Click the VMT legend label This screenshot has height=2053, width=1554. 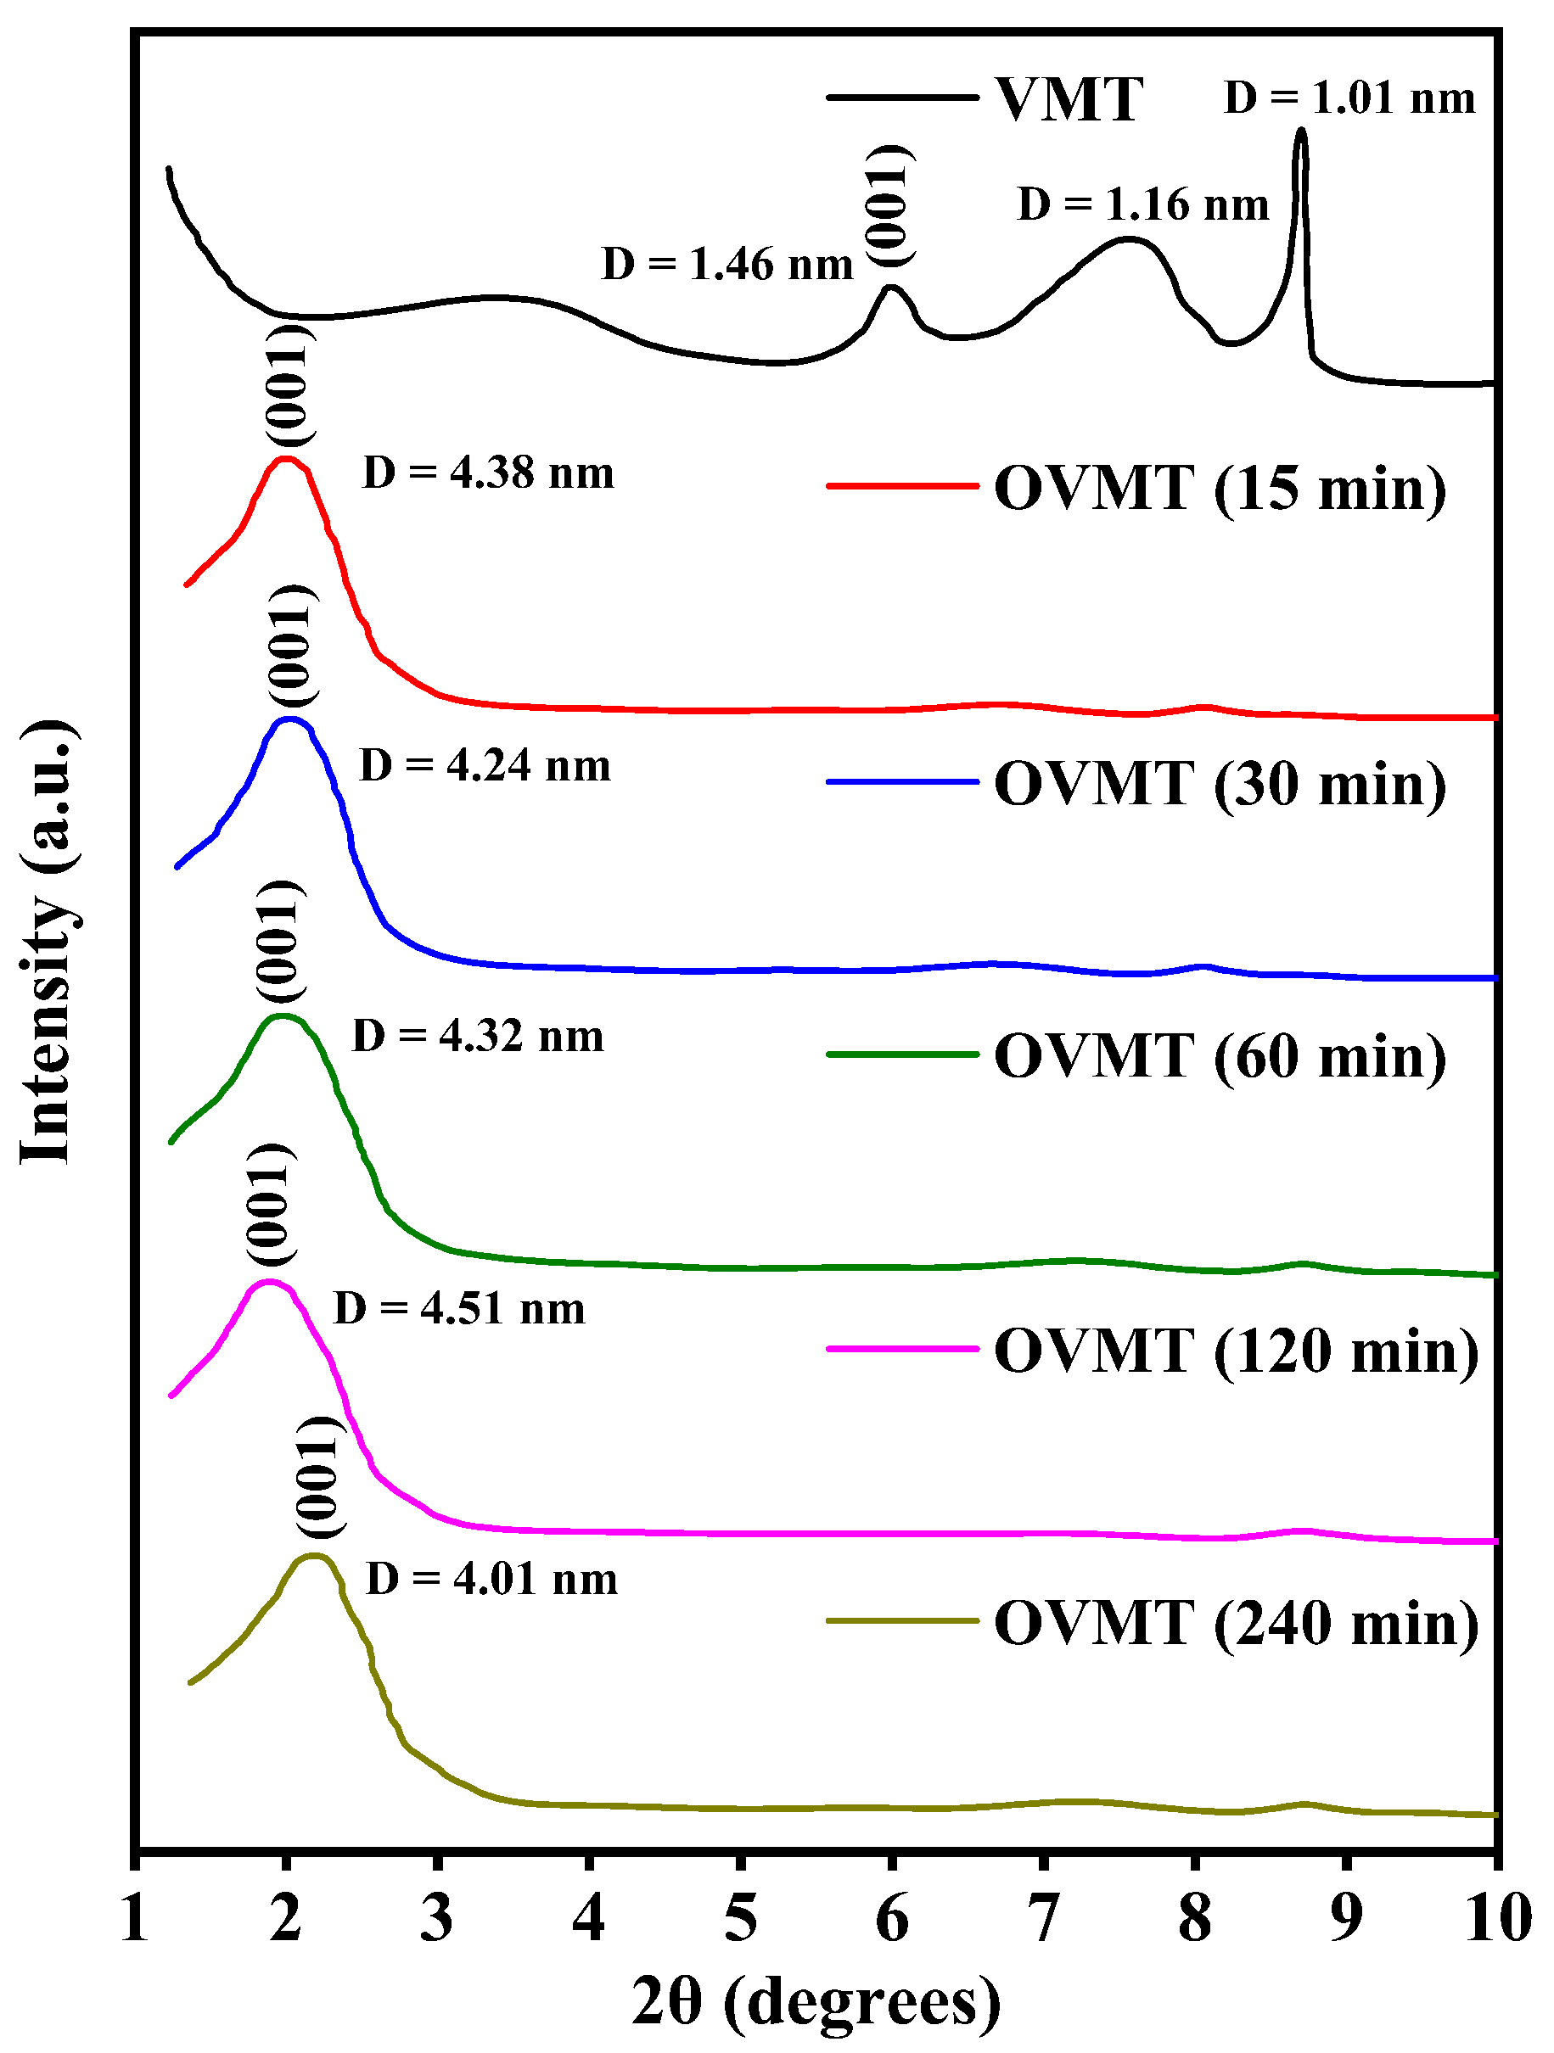[x=1068, y=99]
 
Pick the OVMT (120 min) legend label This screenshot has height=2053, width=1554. [x=1236, y=1350]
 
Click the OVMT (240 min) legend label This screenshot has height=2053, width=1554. [x=1236, y=1622]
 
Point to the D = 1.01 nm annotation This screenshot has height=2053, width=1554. [x=1349, y=98]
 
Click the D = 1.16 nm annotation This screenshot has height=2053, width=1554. [x=1142, y=204]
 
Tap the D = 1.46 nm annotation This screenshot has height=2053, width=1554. [x=727, y=265]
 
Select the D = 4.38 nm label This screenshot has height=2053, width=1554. [x=488, y=473]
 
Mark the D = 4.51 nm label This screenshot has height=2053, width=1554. [x=459, y=1309]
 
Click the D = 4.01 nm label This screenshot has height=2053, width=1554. [x=492, y=1579]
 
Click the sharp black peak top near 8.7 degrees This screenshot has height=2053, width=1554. [x=1300, y=131]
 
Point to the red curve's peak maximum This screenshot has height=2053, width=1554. [x=286, y=458]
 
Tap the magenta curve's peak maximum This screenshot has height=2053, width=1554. [x=269, y=1282]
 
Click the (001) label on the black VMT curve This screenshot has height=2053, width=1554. [x=889, y=205]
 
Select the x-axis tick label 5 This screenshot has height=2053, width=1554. [x=740, y=1918]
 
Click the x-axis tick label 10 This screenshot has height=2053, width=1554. [x=1496, y=1918]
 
